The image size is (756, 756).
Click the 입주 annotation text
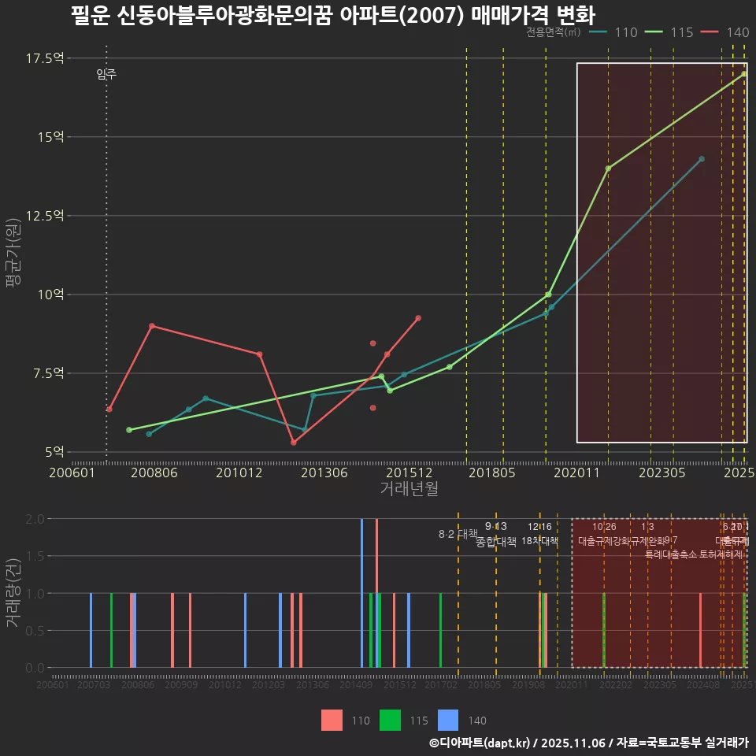pyautogui.click(x=106, y=75)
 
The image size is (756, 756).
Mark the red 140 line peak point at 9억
pyautogui.click(x=151, y=326)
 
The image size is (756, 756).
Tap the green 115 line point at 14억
pyautogui.click(x=608, y=169)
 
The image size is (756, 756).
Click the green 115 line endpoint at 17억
pyautogui.click(x=743, y=74)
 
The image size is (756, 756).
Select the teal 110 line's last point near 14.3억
pyautogui.click(x=702, y=159)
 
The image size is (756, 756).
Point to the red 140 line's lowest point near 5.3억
pyautogui.click(x=293, y=443)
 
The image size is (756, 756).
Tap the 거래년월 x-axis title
pyautogui.click(x=409, y=489)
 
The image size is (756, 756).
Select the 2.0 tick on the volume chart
pyautogui.click(x=35, y=519)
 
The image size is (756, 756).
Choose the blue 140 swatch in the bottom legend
pyautogui.click(x=448, y=720)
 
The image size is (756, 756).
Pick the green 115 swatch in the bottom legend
pyautogui.click(x=390, y=720)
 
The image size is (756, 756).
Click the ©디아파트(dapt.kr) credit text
pyautogui.click(x=480, y=743)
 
